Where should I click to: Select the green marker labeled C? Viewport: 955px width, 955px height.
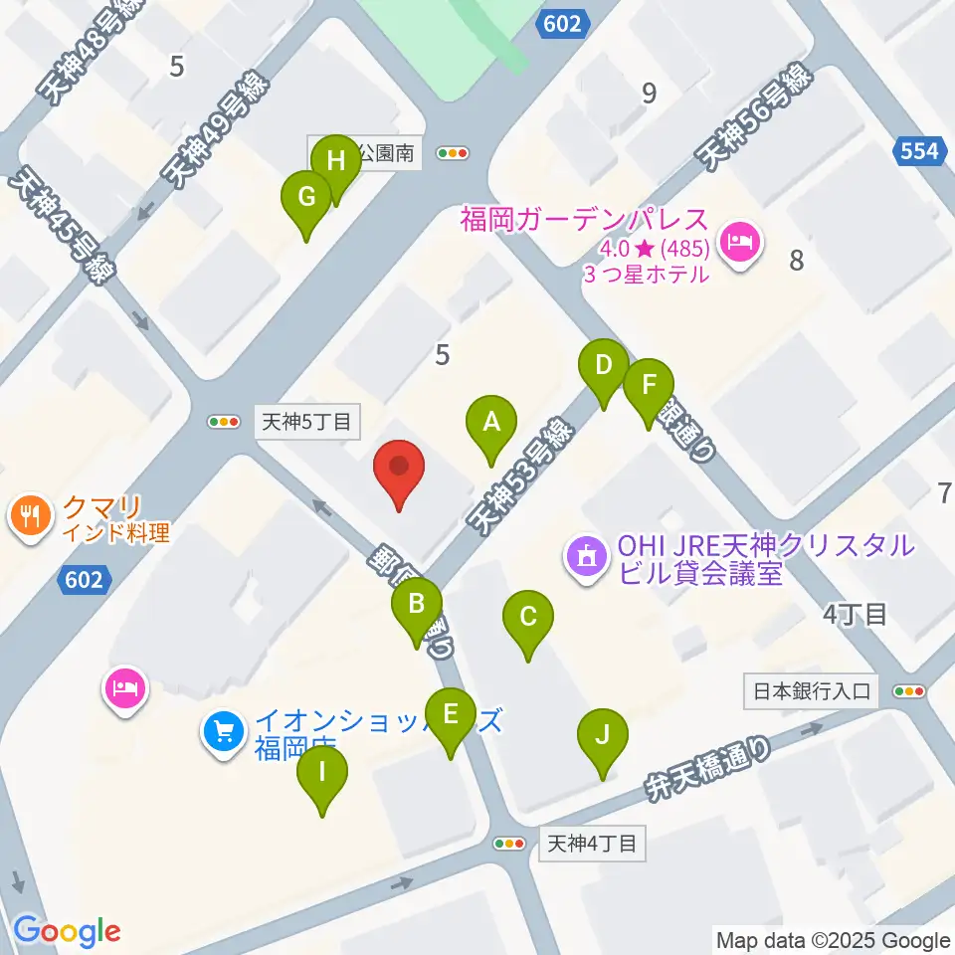[527, 617]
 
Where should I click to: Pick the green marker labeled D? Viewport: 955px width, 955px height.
[603, 365]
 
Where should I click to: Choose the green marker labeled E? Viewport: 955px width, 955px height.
[450, 714]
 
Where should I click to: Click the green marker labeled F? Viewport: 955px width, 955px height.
[649, 385]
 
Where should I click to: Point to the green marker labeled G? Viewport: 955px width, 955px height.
[307, 197]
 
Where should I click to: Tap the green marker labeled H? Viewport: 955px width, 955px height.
[335, 161]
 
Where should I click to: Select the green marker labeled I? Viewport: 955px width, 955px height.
[322, 772]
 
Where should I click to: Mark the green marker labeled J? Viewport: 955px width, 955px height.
[602, 736]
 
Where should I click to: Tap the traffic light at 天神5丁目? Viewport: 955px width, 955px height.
[224, 422]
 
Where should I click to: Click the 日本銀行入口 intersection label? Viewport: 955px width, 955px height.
[812, 690]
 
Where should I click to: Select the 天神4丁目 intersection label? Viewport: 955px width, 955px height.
[591, 844]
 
